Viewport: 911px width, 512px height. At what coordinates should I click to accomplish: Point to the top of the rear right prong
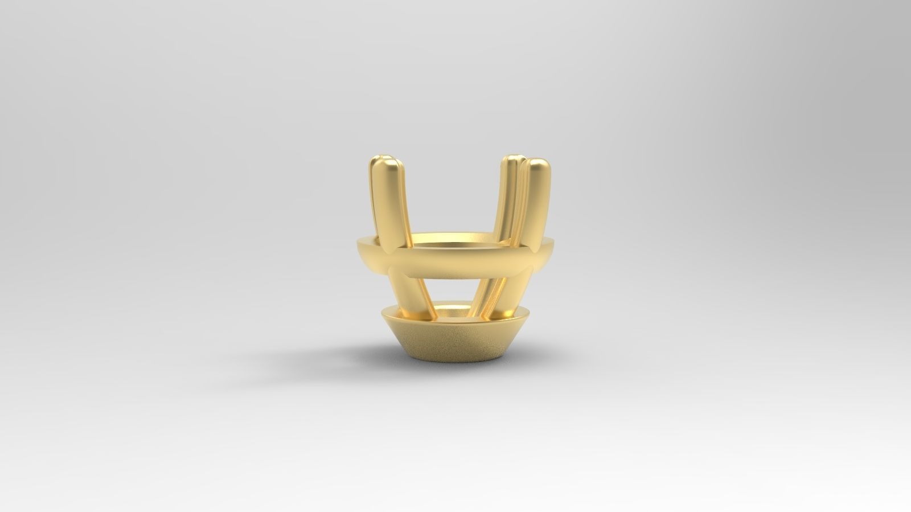pos(513,160)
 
